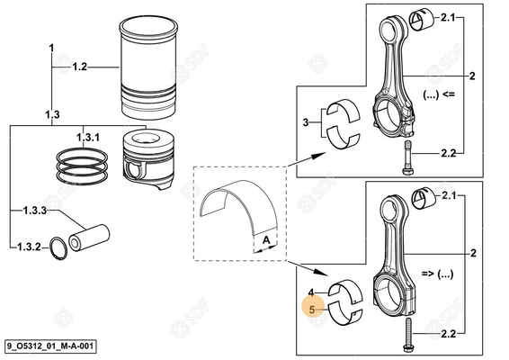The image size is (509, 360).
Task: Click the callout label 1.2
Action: (79, 67)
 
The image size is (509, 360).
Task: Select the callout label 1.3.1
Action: (88, 136)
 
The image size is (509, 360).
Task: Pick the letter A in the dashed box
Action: (267, 239)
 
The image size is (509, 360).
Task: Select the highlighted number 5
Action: (311, 309)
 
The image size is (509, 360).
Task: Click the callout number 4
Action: (311, 292)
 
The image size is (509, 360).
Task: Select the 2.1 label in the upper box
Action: (450, 17)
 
